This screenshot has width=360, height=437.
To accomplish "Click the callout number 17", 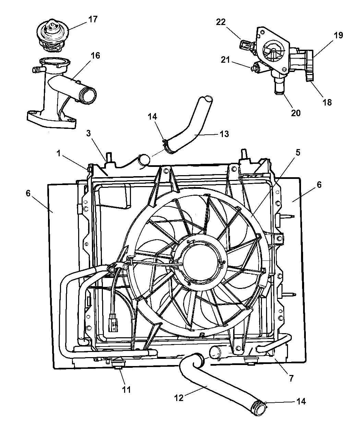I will (93, 19).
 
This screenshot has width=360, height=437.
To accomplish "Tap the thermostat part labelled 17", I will (52, 35).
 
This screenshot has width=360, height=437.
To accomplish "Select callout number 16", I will (95, 56).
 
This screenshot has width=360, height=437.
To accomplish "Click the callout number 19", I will (338, 36).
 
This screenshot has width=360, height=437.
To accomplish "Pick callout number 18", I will (327, 102).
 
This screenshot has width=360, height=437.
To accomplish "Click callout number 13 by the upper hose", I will (224, 134).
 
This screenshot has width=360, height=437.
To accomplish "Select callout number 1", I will (59, 153).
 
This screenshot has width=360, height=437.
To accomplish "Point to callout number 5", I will (298, 152).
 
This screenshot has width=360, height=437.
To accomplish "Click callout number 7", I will (291, 378).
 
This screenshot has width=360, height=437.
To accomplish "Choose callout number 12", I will (179, 397).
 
